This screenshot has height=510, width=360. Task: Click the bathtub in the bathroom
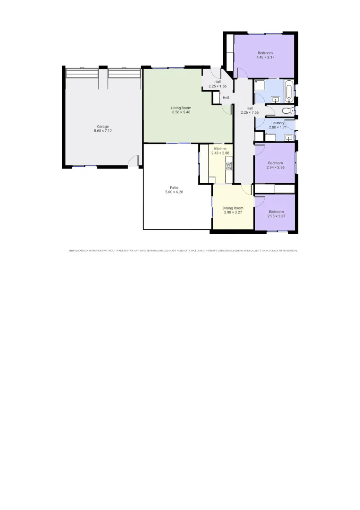pyautogui.click(x=289, y=91)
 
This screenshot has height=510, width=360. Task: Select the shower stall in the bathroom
pyautogui.click(x=259, y=85)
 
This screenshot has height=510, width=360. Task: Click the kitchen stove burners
pyautogui.click(x=229, y=166)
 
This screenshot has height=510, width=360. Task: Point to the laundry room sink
pyautogui.click(x=288, y=137)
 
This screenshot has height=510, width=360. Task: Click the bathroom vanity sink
pyautogui.click(x=276, y=99)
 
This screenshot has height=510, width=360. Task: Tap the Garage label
pyautogui.click(x=103, y=127)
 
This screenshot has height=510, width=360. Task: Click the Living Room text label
pyautogui.click(x=181, y=108)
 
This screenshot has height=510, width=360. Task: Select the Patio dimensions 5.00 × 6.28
pyautogui.click(x=174, y=192)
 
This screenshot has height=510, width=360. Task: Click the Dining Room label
pyautogui.click(x=233, y=208)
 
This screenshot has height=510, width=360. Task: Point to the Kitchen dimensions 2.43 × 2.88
pyautogui.click(x=220, y=153)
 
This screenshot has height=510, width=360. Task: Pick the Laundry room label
pyautogui.click(x=277, y=123)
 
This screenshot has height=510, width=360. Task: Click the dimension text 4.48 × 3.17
pyautogui.click(x=265, y=57)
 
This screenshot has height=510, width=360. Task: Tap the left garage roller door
pyautogui.click(x=82, y=74)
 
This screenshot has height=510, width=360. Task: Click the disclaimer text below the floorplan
pyautogui.click(x=183, y=251)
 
